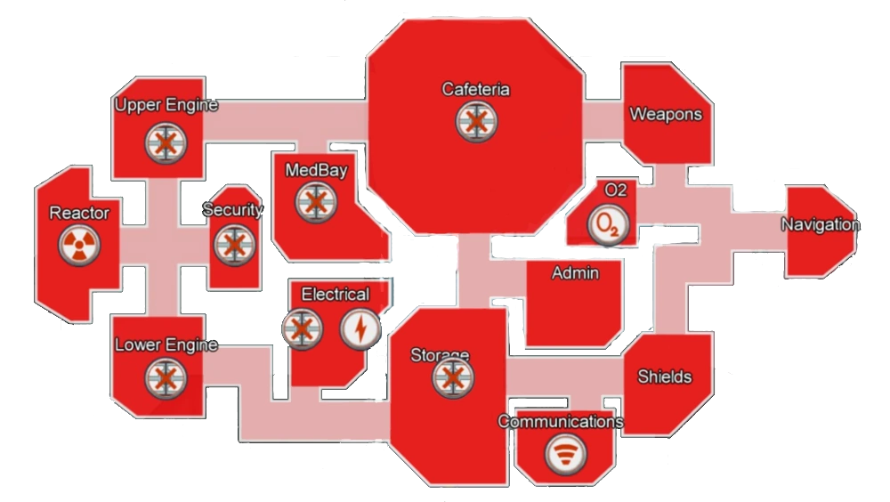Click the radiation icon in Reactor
click(x=79, y=245)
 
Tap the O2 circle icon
click(x=608, y=225)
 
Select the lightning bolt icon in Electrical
click(x=360, y=328)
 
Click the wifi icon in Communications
click(x=565, y=453)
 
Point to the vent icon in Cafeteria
click(x=476, y=122)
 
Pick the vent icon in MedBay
click(x=316, y=202)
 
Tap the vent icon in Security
click(x=234, y=245)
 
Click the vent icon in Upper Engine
click(x=166, y=143)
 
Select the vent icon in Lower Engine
click(x=166, y=379)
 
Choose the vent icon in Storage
click(x=452, y=377)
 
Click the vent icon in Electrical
click(x=302, y=328)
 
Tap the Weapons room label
click(x=666, y=114)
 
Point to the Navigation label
click(x=821, y=225)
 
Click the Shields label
click(x=665, y=376)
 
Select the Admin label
click(x=576, y=273)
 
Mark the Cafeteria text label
click(x=475, y=89)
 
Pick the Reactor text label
click(x=79, y=213)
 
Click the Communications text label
click(x=561, y=421)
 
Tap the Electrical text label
click(x=336, y=294)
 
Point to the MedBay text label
click(x=316, y=170)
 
